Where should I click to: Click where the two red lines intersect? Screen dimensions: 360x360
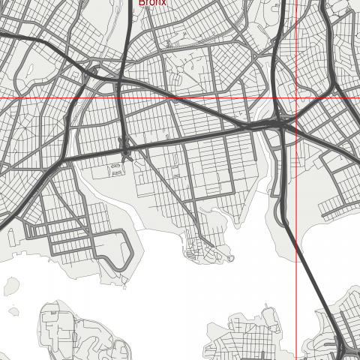[x=295, y=98]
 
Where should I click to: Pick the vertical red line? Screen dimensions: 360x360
[x=295, y=225]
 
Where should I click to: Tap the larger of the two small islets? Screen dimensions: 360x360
[x=10, y=286]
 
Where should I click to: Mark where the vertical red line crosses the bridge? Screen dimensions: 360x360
[x=295, y=240]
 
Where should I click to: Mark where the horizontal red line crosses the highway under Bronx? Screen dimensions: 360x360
[x=121, y=98]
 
